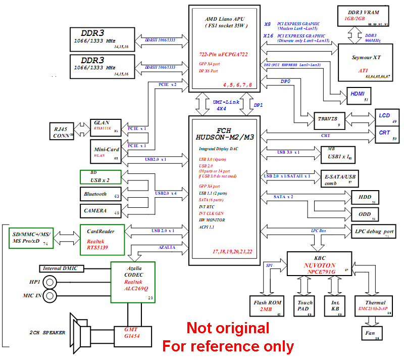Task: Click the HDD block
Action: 365,197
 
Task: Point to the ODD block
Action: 365,214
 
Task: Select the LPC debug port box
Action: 374,231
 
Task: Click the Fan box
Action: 370,333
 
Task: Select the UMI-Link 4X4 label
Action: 222,105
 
